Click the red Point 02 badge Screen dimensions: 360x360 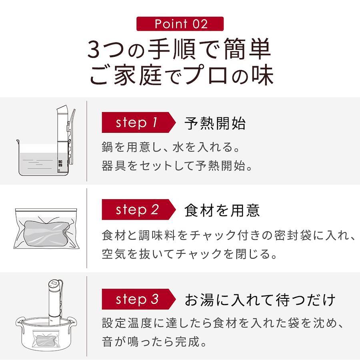pyautogui.click(x=180, y=24)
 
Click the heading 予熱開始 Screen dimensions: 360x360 pyautogui.click(x=215, y=123)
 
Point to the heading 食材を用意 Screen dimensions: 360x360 pyautogui.click(x=222, y=210)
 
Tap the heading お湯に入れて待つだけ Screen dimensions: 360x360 pyautogui.click(x=260, y=300)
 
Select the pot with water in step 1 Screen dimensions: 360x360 pyautogui.click(x=39, y=158)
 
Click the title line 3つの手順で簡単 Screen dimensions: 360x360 pyautogui.click(x=179, y=49)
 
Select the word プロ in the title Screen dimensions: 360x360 pyautogui.click(x=206, y=75)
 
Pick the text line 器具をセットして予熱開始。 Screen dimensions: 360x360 pyautogui.click(x=177, y=166)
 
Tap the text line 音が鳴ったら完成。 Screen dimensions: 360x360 pyautogui.click(x=154, y=342)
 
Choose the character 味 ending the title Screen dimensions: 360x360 pyautogui.click(x=263, y=75)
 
